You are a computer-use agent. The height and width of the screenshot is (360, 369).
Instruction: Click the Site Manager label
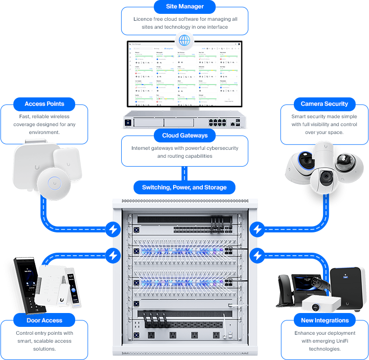tap(184, 7)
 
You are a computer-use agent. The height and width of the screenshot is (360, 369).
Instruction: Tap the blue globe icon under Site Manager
tap(184, 40)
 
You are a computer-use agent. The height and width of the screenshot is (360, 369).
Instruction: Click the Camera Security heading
tap(324, 104)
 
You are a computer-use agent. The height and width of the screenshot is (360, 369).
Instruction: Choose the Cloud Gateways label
tap(184, 135)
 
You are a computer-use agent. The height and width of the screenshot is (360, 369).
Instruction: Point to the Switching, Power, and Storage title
tap(184, 187)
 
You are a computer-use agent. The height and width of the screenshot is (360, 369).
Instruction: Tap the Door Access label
tap(45, 320)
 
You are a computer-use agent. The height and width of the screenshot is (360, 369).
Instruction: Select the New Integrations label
tap(324, 320)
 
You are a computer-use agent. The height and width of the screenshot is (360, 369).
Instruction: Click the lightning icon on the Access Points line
tap(113, 229)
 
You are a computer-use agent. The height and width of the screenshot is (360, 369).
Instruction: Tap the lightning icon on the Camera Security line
tap(257, 229)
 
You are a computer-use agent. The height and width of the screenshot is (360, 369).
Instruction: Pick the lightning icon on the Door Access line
tap(113, 255)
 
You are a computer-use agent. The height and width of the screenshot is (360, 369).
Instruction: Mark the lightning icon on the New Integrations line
tap(257, 255)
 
